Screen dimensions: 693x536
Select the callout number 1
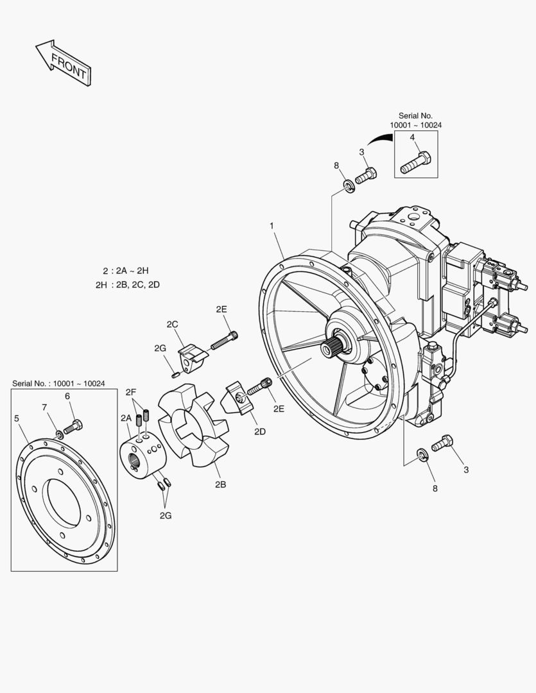(x=272, y=226)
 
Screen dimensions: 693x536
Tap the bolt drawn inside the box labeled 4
(x=416, y=162)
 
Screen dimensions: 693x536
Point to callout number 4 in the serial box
(x=412, y=137)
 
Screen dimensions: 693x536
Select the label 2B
(x=220, y=484)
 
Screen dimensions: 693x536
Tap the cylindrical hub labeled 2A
(x=143, y=457)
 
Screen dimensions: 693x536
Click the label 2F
(x=131, y=391)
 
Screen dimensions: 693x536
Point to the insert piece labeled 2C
(x=191, y=357)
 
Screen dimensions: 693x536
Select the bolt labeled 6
(x=73, y=426)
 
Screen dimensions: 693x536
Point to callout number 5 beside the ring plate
(x=16, y=418)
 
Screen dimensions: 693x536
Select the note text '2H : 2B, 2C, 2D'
(x=127, y=284)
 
